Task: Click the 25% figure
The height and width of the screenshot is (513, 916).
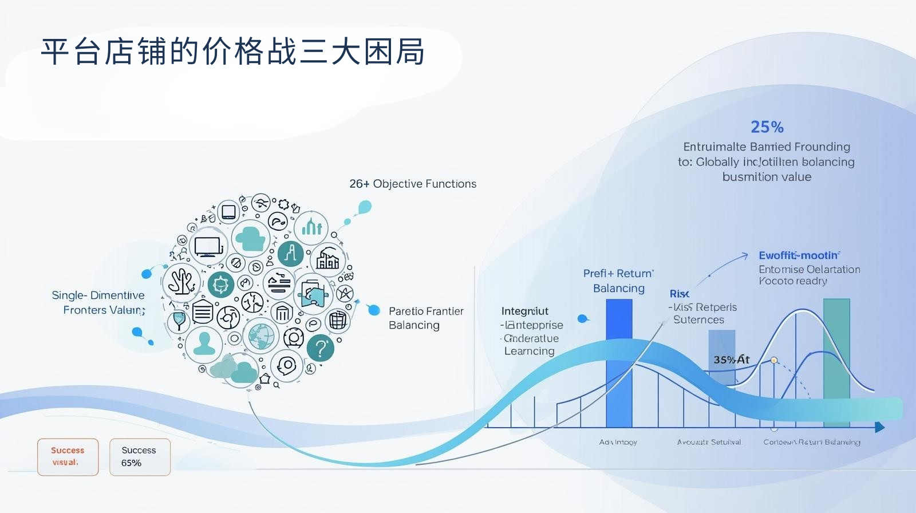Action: (x=767, y=127)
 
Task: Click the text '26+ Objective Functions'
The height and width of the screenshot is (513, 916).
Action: (x=413, y=184)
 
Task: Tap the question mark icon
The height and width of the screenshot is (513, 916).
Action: (x=321, y=348)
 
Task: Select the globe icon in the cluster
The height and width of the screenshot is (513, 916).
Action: (x=261, y=336)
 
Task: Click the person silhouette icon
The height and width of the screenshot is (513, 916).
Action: (x=204, y=343)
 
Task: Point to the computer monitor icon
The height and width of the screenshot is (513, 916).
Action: (x=207, y=247)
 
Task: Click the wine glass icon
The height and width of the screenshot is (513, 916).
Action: (x=179, y=320)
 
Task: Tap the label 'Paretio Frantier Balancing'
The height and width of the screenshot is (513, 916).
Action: (x=425, y=318)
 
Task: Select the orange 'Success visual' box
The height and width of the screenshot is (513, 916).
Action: (x=68, y=457)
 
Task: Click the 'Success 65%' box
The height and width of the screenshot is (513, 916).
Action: (x=140, y=457)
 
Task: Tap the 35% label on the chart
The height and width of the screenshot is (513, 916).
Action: (x=731, y=360)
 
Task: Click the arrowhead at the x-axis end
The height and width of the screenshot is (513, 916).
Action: (x=880, y=427)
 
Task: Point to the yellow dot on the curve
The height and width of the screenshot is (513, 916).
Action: (x=774, y=360)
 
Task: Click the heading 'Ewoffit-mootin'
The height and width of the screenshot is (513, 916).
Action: (x=799, y=255)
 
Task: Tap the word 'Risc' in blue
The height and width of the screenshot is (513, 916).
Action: (x=679, y=294)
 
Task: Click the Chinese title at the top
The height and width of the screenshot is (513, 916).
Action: (x=232, y=52)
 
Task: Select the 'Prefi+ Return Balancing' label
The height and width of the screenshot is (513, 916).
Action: (x=619, y=281)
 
